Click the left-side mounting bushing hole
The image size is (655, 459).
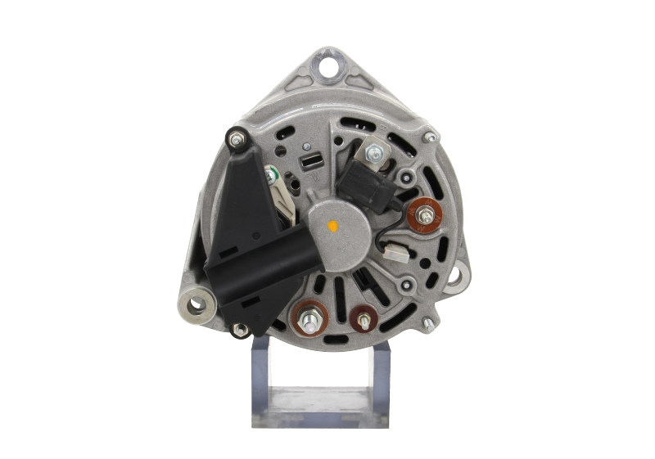click(196, 306)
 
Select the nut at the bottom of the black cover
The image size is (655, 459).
click(241, 330)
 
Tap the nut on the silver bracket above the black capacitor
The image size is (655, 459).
click(374, 151)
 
